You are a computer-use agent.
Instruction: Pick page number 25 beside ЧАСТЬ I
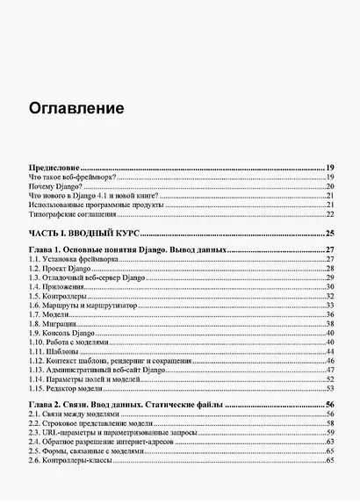tap(330, 234)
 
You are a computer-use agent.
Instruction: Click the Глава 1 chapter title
tap(127, 251)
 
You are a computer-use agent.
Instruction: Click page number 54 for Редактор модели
tap(331, 389)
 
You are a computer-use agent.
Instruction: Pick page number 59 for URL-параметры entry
tap(331, 433)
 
